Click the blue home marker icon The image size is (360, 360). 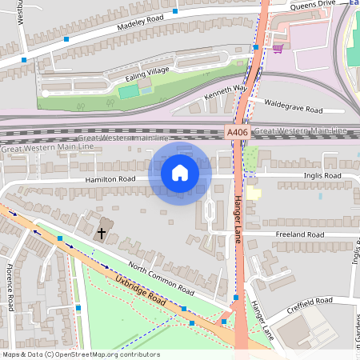click(180, 172)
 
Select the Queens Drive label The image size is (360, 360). click(313, 6)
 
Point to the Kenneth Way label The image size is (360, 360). click(227, 94)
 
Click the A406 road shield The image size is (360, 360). click(237, 132)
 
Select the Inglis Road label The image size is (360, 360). click(322, 176)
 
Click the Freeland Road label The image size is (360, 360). click(299, 234)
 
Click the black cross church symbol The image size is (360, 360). click(102, 234)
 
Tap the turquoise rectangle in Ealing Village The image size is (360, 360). click(128, 92)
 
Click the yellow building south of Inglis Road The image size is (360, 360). click(254, 193)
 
